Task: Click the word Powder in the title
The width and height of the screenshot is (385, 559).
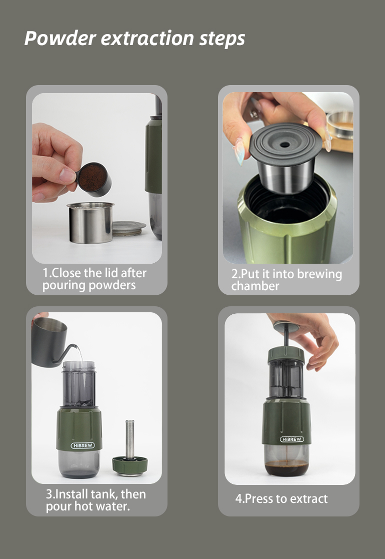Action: pos(60,38)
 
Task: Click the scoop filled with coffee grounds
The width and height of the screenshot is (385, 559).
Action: pos(93,179)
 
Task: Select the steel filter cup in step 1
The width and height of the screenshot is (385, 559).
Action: pos(90,223)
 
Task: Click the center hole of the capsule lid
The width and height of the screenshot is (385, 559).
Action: pos(284,145)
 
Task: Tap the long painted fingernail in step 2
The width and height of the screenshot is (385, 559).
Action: pos(239,151)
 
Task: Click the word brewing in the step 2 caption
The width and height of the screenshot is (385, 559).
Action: pos(319,275)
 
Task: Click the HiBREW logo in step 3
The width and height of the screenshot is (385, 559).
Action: pos(82,445)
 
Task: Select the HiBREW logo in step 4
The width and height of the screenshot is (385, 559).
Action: pos(291,439)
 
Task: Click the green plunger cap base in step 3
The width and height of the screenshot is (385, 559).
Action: pos(130,466)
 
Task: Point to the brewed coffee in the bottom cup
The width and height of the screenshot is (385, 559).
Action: pos(286,467)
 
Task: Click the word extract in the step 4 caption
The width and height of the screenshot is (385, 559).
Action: pos(309,499)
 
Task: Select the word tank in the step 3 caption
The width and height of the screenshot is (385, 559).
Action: pos(103,494)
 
